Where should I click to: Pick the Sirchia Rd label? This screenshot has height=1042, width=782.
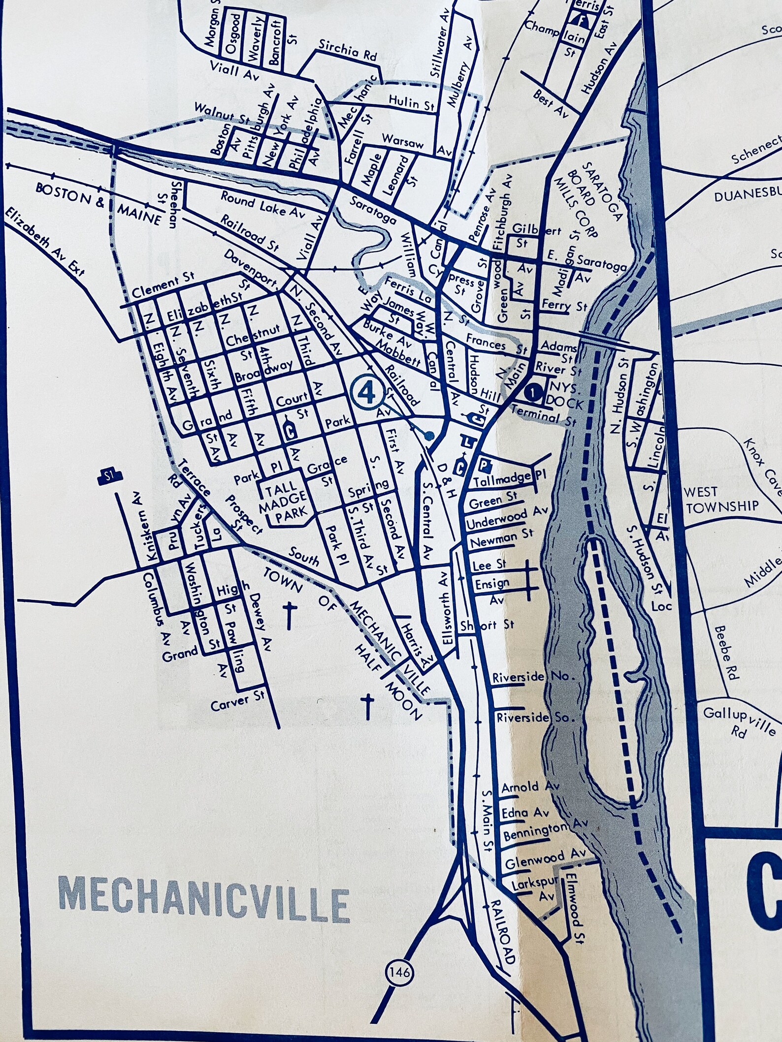347,51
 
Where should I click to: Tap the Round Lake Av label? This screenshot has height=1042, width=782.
262,204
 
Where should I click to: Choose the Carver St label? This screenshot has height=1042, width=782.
237,701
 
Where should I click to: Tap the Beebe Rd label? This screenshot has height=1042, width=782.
727,652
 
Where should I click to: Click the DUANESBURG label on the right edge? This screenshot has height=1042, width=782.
748,195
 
